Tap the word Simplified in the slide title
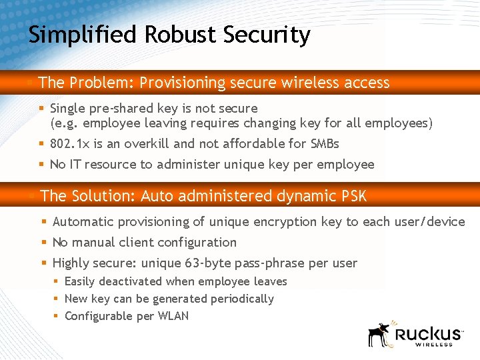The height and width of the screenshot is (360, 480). [x=81, y=35]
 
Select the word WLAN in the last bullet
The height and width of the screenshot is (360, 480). [x=173, y=316]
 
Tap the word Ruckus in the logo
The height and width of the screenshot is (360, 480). [x=427, y=333]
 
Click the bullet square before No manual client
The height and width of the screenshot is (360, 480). [x=43, y=243]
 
